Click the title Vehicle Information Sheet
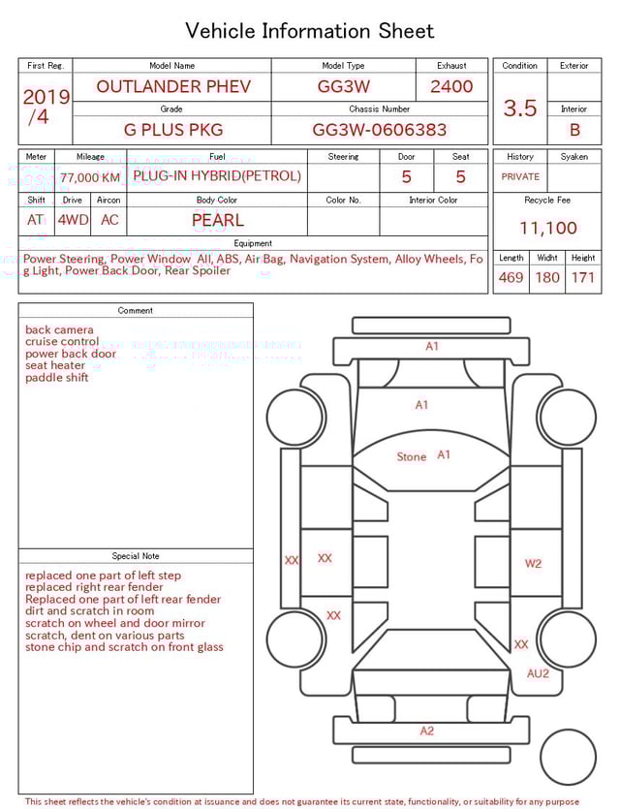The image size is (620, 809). coord(310,31)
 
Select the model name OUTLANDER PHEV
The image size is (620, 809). coord(173,86)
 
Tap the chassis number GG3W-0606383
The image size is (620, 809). coord(380,129)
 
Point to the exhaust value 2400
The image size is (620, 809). coord(451,86)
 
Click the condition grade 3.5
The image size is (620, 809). coord(520,109)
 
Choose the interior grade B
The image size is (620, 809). coord(574,129)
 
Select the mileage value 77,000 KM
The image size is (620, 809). coord(90,177)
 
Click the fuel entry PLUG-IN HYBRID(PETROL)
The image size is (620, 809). coord(217,176)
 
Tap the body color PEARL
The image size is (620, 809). coord(218,220)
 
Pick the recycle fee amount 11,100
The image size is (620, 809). coord(548,228)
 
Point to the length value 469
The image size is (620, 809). coord(511,277)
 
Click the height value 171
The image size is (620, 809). coord(583,277)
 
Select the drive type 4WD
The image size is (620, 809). coord(73,220)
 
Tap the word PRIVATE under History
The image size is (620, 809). coord(520,176)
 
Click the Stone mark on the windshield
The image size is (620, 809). coord(412,456)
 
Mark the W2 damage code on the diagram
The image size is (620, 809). coord(534,563)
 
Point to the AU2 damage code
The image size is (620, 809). coord(538,673)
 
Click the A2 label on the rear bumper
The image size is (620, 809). coord(427,731)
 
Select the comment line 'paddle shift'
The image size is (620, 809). coord(57,378)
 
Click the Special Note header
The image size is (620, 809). coord(136,556)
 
